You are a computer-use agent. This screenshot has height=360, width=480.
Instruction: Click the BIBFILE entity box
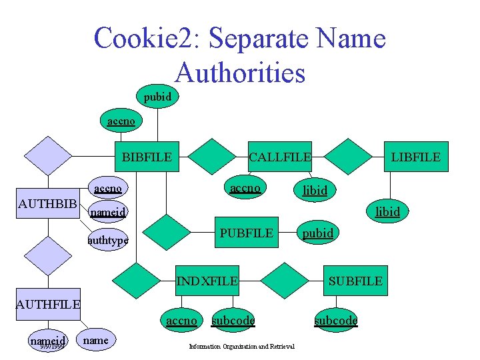coord(147,157)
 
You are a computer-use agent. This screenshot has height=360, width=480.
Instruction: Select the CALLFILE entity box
coord(279,157)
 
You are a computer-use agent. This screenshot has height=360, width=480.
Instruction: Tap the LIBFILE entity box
coord(415,157)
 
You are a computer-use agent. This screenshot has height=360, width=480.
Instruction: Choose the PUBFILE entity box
coord(247,233)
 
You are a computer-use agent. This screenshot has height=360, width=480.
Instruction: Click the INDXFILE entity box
coord(207,281)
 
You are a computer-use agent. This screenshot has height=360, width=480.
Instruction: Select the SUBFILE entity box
coord(355,281)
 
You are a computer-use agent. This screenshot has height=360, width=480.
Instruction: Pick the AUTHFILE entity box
coord(49,305)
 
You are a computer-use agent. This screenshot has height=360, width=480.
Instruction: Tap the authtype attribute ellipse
coord(109,239)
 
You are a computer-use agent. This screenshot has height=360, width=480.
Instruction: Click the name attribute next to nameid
coord(97,340)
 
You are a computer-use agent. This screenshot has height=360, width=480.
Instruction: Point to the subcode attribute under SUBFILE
coord(336,320)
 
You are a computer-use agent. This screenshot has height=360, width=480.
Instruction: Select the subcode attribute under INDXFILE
coord(233,321)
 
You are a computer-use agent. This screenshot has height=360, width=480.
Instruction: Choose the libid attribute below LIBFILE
coord(387,211)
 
